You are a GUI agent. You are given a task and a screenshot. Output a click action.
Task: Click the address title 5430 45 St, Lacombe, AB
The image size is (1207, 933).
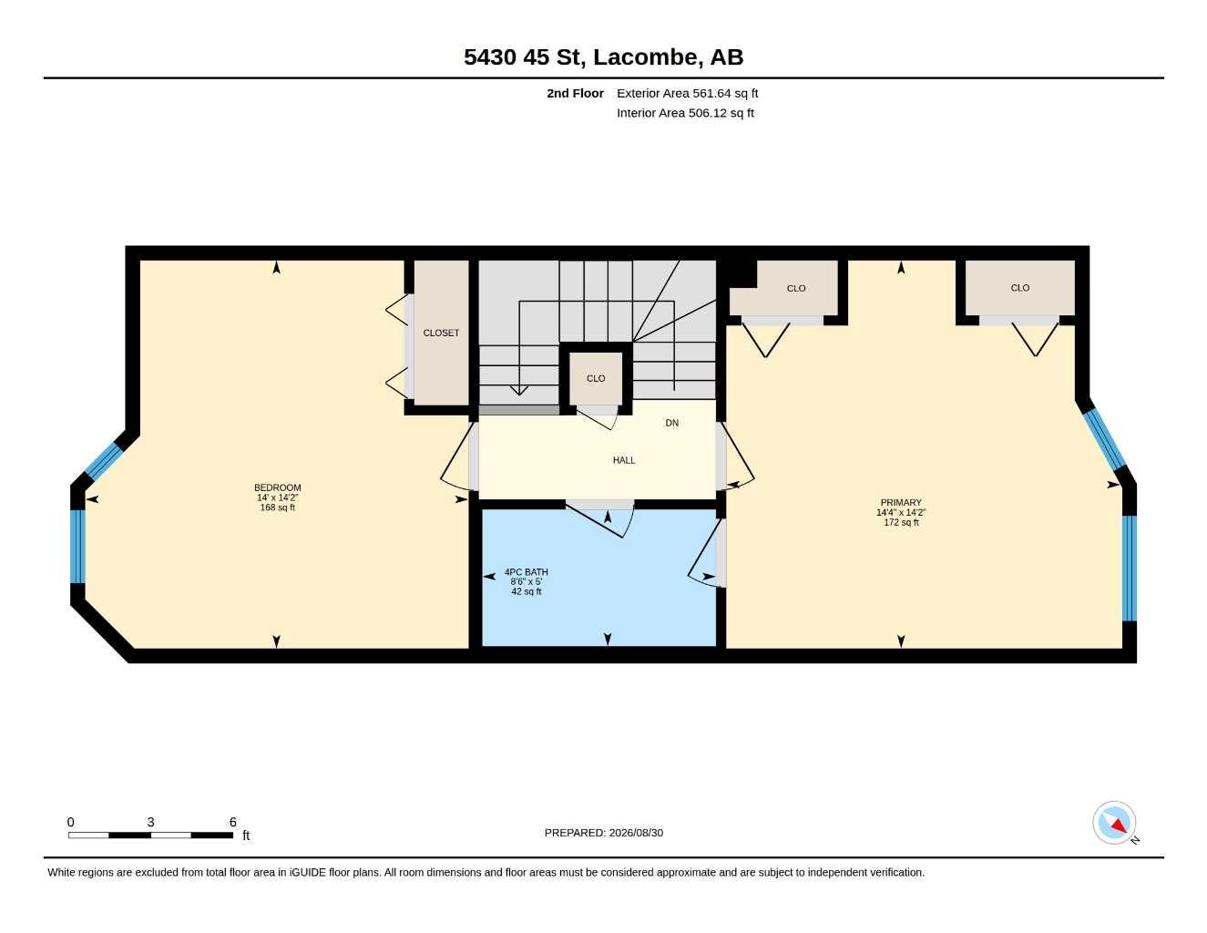tap(603, 57)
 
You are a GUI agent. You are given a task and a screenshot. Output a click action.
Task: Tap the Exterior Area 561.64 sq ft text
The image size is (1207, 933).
tap(687, 93)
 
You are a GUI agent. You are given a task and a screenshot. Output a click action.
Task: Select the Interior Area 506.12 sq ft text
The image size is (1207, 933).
tap(685, 113)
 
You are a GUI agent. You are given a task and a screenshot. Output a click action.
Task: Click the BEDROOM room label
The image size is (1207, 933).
tap(277, 487)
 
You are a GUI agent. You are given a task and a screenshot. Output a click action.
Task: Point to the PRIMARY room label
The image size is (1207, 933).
tap(900, 502)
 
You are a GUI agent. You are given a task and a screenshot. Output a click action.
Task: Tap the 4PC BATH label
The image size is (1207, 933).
tap(526, 572)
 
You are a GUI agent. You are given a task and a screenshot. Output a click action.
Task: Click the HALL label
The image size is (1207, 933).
tap(624, 460)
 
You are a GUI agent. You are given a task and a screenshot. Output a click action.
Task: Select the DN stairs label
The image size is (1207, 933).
tap(671, 423)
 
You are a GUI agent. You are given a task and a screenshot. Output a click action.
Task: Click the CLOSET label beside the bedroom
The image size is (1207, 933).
tap(441, 333)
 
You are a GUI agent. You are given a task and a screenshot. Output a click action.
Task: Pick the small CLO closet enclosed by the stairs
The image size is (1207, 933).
tap(596, 379)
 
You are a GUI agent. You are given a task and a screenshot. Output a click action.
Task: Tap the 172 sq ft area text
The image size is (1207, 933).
tap(901, 523)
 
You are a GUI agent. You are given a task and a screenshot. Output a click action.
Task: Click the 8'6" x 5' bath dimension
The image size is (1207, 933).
tap(526, 582)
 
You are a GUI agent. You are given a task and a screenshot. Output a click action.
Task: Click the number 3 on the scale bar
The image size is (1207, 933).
tap(150, 823)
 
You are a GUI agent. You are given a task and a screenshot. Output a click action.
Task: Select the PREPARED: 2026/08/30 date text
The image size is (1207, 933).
tap(603, 833)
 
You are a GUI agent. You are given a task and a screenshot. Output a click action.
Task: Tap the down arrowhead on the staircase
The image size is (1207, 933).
tap(519, 390)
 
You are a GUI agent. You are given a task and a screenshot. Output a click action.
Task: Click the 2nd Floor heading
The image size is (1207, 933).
tap(575, 93)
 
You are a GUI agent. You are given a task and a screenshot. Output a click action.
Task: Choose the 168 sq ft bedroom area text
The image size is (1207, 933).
tap(277, 508)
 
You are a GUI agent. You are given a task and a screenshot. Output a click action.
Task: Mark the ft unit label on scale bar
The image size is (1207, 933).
tap(246, 836)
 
